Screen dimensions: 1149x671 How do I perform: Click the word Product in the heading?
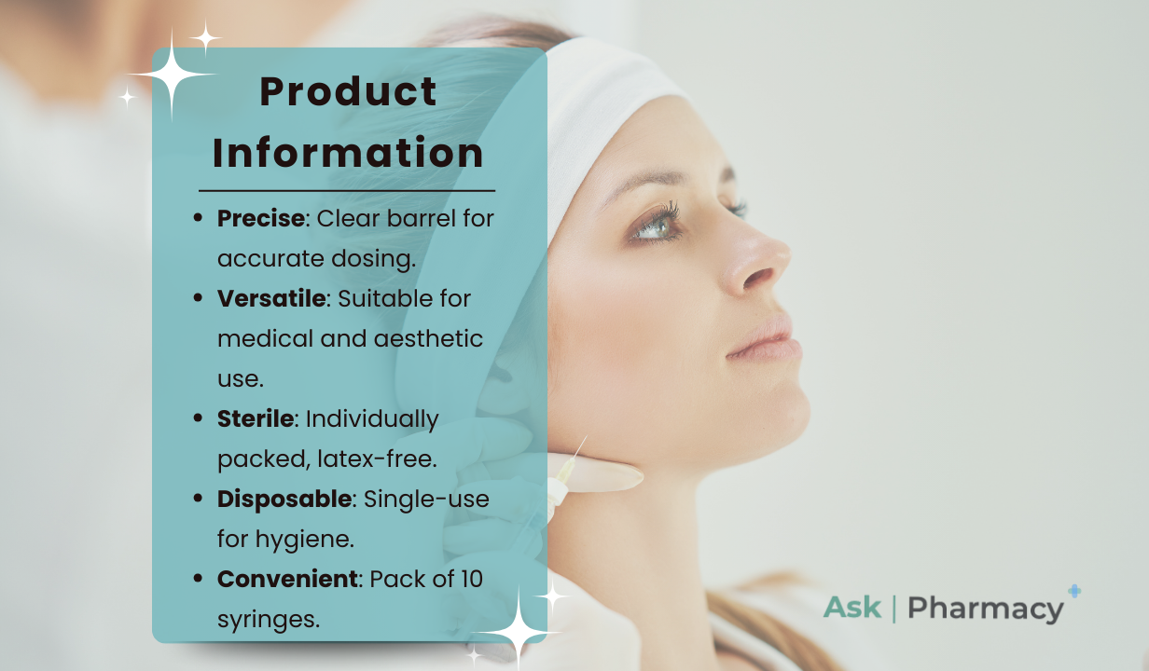[348, 91]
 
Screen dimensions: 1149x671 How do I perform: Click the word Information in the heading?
[348, 152]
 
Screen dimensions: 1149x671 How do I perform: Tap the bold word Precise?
[261, 218]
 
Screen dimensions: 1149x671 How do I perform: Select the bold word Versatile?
[271, 298]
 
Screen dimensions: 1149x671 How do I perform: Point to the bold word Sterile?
[256, 418]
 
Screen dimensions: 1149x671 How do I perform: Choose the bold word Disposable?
[284, 500]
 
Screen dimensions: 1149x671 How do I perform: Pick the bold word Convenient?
[287, 580]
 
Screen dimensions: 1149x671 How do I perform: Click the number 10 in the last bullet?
[471, 580]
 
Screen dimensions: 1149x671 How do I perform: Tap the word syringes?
[269, 620]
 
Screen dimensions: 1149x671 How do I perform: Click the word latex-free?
[377, 459]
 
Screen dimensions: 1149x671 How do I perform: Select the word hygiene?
[305, 540]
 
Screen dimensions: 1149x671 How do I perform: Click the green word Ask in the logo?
[852, 608]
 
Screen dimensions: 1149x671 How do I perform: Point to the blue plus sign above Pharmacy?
[1074, 591]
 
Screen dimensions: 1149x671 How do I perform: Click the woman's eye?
[657, 226]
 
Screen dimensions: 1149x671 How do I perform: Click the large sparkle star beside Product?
[172, 75]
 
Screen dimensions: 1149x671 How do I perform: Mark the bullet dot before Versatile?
[198, 298]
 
